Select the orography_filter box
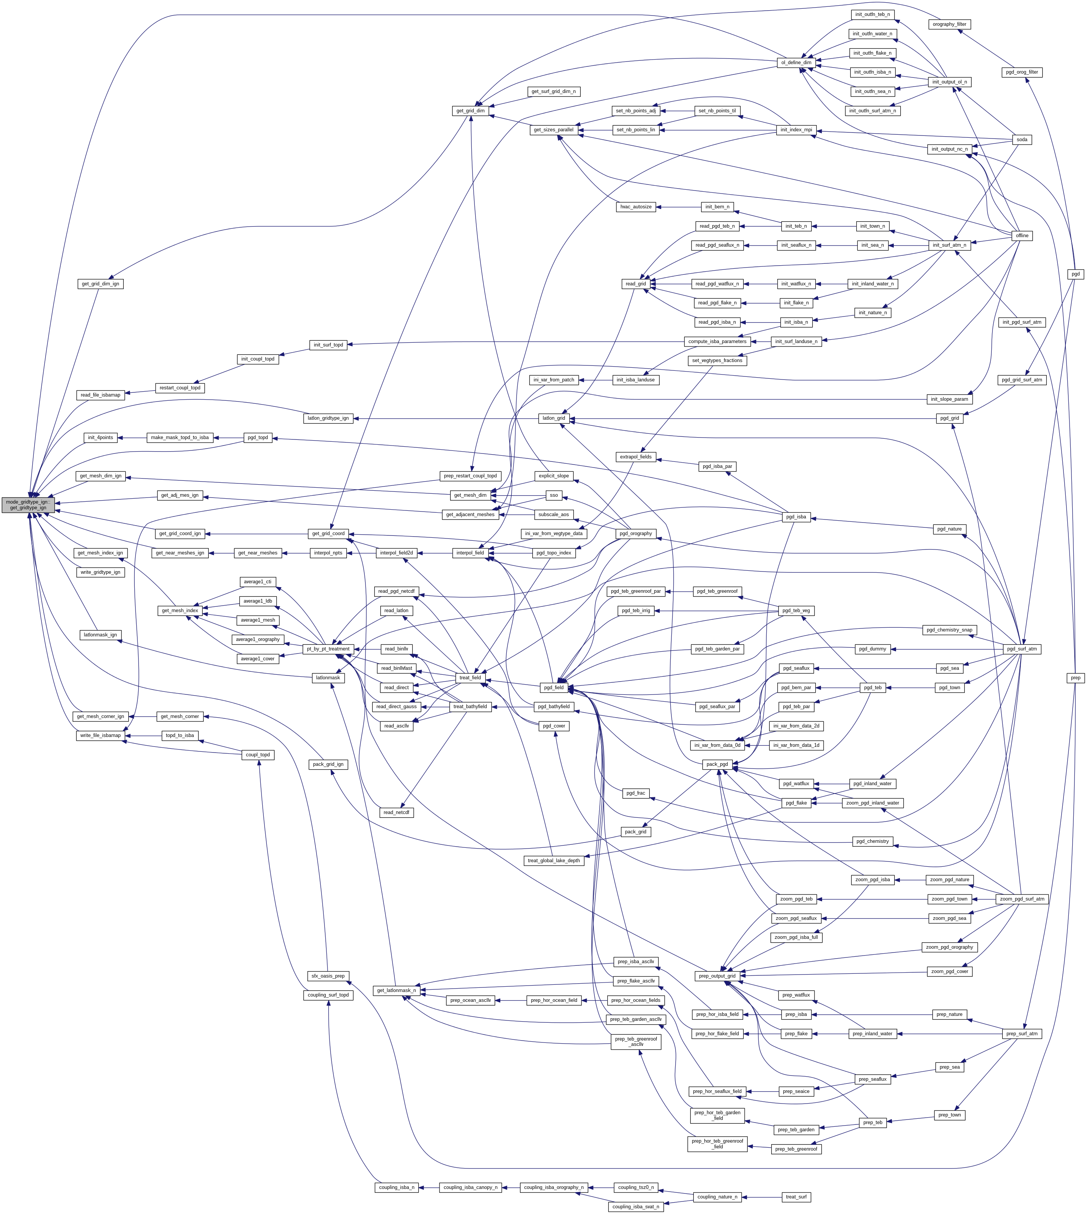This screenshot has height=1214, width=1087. click(x=949, y=25)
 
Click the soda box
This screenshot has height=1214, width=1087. click(x=1022, y=140)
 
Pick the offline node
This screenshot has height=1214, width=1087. click(x=1022, y=236)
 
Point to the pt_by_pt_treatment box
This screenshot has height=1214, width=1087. click(x=328, y=649)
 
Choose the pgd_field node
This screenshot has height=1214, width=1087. click(x=554, y=688)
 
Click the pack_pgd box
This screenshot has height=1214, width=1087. click(x=717, y=764)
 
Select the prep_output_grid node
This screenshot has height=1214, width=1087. click(x=717, y=976)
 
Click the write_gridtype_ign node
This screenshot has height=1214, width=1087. click(x=100, y=572)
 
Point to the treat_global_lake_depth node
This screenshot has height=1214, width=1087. click(x=554, y=860)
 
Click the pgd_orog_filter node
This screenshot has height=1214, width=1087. click(x=1021, y=72)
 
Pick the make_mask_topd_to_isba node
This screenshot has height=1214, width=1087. click(x=180, y=438)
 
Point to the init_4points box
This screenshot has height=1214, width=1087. click(x=100, y=438)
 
